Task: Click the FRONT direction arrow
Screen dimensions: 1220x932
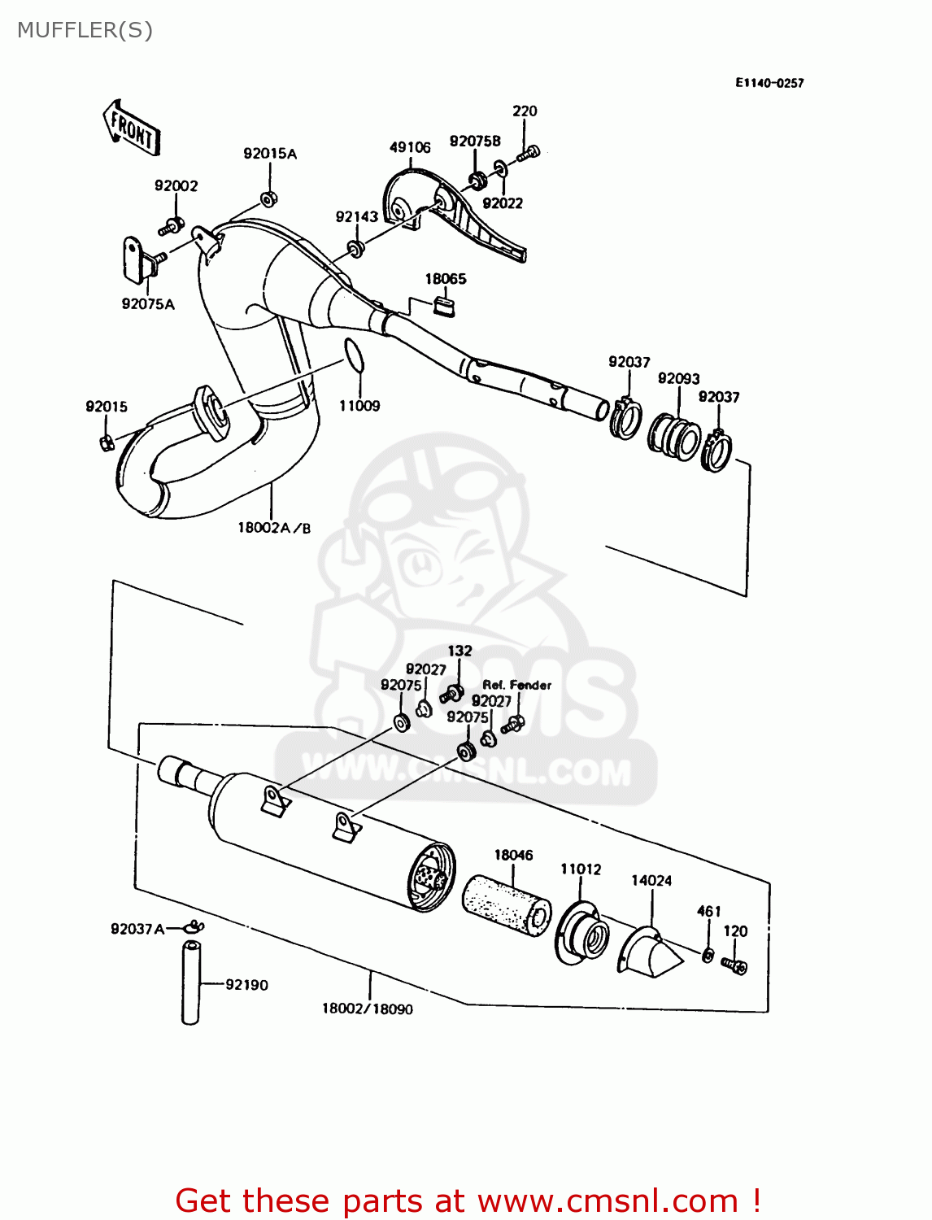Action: [x=132, y=129]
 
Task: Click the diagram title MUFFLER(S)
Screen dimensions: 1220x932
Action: [x=85, y=30]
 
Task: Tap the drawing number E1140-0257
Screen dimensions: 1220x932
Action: [x=769, y=83]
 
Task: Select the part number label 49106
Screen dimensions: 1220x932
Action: [x=410, y=147]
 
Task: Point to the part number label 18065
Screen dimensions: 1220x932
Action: [x=446, y=279]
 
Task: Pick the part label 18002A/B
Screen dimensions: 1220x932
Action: [x=274, y=528]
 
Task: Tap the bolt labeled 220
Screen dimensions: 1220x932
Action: [x=530, y=152]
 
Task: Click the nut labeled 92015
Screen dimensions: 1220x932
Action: [x=106, y=442]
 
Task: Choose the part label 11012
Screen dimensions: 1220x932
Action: [x=581, y=869]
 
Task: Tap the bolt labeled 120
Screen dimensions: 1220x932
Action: [x=735, y=966]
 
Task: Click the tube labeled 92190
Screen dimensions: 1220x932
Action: [x=190, y=983]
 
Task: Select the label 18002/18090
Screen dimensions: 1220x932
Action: [x=368, y=1009]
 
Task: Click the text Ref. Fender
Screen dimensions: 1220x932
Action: [x=517, y=685]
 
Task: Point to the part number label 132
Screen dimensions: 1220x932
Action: [x=459, y=651]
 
